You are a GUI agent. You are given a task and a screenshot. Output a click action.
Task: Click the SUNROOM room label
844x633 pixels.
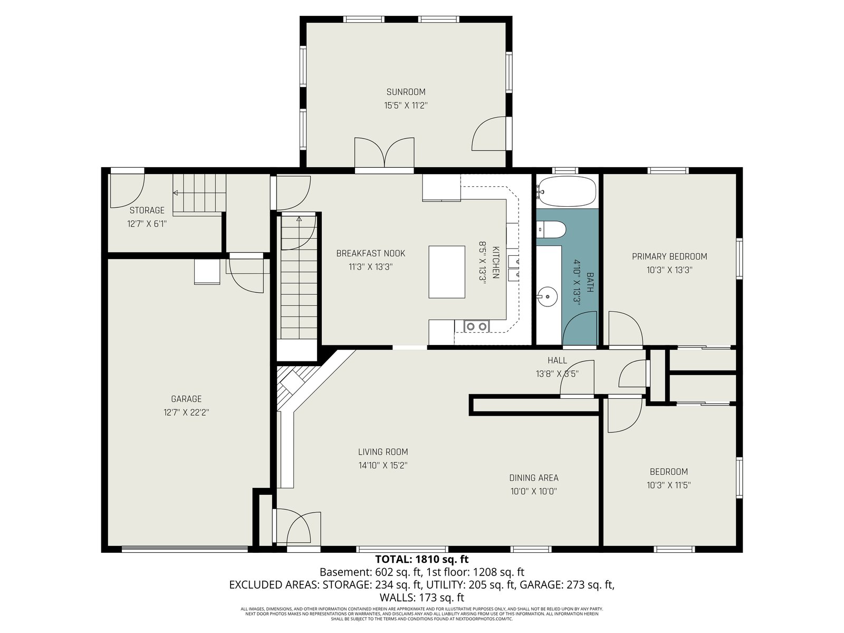[x=406, y=92]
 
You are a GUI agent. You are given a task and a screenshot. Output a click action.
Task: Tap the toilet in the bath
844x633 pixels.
[x=551, y=229]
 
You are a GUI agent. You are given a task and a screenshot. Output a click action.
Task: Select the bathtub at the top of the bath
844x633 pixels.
[x=567, y=191]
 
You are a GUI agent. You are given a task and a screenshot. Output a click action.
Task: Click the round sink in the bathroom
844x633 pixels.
[x=547, y=297]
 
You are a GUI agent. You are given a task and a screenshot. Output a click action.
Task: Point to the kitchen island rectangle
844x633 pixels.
[x=447, y=272]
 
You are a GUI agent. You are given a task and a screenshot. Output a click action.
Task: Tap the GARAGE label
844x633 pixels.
[x=186, y=399]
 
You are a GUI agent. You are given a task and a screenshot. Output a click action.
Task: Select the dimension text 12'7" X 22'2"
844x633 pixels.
[x=186, y=413]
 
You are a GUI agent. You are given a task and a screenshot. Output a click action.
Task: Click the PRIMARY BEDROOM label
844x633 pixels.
[x=669, y=256]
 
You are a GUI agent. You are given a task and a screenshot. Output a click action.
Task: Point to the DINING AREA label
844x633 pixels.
[x=534, y=478]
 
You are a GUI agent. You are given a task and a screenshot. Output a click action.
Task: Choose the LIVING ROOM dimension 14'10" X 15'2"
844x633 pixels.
[x=383, y=465]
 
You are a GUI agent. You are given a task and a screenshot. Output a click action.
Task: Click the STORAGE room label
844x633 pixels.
[x=147, y=210]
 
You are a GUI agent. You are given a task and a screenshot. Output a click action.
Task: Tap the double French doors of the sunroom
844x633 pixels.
[x=384, y=152]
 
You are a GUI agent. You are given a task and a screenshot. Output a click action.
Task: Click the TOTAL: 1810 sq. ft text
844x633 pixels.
[x=422, y=559]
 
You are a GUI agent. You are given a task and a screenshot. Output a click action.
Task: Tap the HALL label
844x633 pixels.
[x=557, y=360]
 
